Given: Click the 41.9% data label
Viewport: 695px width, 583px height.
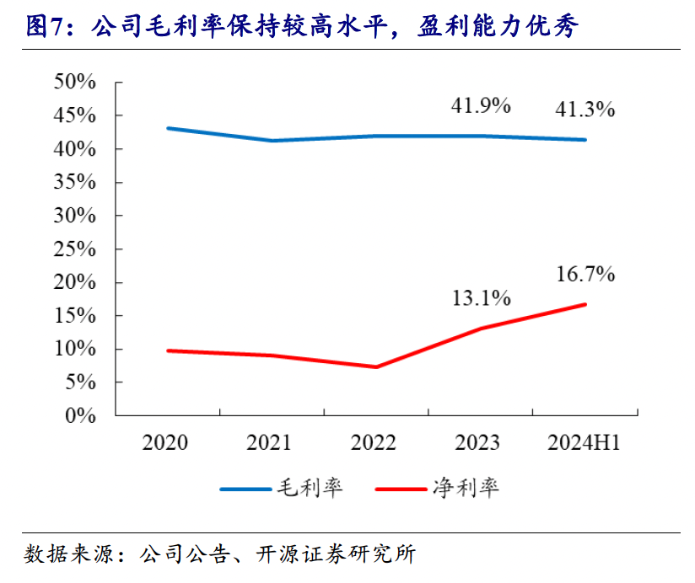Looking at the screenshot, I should [481, 105].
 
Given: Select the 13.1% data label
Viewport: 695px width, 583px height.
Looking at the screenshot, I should [481, 297].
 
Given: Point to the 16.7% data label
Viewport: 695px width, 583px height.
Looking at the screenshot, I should [585, 274].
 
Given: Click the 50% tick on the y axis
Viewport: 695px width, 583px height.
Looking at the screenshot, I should [75, 82].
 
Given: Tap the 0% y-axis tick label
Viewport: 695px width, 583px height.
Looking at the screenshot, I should [81, 415].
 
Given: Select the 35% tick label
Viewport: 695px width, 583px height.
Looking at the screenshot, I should [75, 182].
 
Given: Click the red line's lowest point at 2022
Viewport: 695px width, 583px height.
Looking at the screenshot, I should [375, 366].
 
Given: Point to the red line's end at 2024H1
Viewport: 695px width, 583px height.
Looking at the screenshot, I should [585, 304].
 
